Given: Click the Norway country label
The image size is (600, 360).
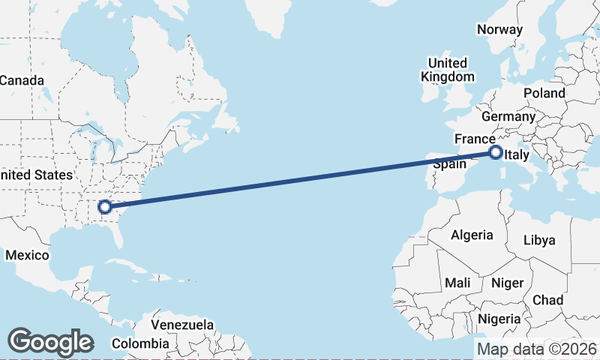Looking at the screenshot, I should pyautogui.click(x=499, y=30).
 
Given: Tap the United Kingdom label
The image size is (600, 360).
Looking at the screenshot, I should pyautogui.click(x=448, y=70).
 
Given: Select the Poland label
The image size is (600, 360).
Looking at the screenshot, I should pyautogui.click(x=544, y=93).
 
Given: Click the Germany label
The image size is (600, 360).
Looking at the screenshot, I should pyautogui.click(x=508, y=116).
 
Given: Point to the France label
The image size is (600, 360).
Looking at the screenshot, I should pyautogui.click(x=475, y=139).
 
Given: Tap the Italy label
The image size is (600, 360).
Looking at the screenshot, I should pyautogui.click(x=517, y=155).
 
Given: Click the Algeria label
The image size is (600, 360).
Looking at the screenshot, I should pyautogui.click(x=472, y=235).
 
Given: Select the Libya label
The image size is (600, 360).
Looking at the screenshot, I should pyautogui.click(x=539, y=240).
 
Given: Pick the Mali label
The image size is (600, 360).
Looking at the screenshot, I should pyautogui.click(x=457, y=283).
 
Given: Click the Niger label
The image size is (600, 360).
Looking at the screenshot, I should pyautogui.click(x=506, y=283).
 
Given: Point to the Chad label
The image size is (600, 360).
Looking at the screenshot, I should pyautogui.click(x=547, y=300).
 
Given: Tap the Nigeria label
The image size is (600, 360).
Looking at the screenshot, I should pyautogui.click(x=499, y=319).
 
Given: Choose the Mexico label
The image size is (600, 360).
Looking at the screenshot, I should pyautogui.click(x=27, y=255).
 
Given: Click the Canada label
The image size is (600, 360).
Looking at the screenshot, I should pyautogui.click(x=22, y=80).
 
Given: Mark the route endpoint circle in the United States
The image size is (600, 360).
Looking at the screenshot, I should pyautogui.click(x=105, y=206).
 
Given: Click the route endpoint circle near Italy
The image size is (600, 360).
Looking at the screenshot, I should pyautogui.click(x=496, y=153).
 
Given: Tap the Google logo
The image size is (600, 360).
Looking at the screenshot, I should pyautogui.click(x=50, y=341).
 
